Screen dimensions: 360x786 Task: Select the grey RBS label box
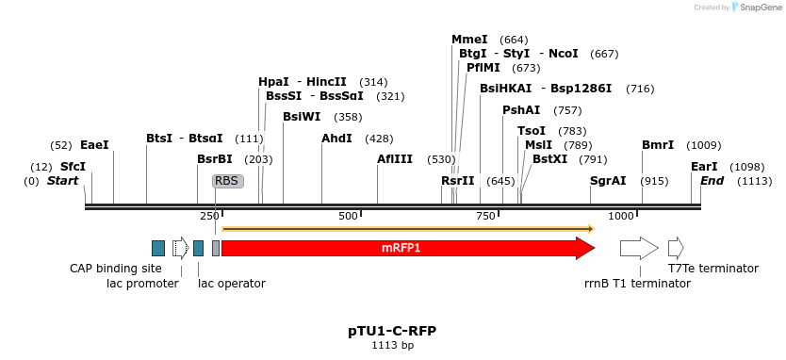coord(227,181)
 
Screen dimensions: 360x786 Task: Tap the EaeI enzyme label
coord(94,145)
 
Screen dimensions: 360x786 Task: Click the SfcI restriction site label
coord(73,167)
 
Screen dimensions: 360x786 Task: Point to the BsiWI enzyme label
coord(302,117)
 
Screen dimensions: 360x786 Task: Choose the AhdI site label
coord(336,139)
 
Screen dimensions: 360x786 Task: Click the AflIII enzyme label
coord(395,159)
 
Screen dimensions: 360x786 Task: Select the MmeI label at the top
coord(469,40)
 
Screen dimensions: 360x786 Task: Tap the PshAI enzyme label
coord(521,110)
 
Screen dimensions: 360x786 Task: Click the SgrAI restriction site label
coord(608,181)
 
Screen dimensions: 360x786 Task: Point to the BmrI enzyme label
coord(658,145)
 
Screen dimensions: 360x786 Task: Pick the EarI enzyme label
coord(704,167)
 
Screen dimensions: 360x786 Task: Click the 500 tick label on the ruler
coord(349,217)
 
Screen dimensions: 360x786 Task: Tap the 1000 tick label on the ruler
coord(622,217)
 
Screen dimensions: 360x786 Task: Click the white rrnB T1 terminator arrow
coord(639,248)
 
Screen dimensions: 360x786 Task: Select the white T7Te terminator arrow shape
coord(676,248)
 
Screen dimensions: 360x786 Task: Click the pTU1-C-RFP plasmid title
coord(392,331)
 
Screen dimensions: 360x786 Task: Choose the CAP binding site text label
coord(116,269)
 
